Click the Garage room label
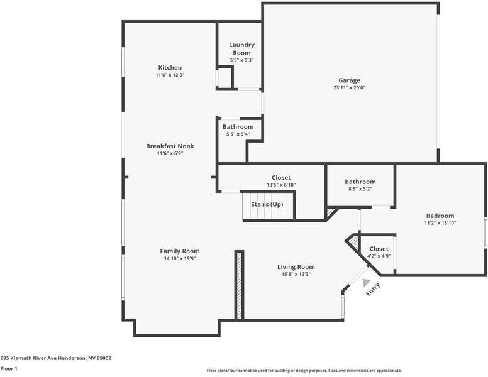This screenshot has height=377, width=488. tap(349, 80)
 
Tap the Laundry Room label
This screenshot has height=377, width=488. tap(241, 49)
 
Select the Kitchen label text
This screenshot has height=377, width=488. tap(170, 68)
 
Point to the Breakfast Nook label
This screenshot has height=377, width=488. tap(170, 146)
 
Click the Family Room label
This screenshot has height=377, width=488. tap(179, 251)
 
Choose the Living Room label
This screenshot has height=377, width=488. tap(296, 267)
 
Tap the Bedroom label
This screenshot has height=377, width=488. tap(439, 216)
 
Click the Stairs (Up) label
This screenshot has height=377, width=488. tap(267, 205)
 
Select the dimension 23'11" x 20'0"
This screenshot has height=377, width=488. tap(349, 88)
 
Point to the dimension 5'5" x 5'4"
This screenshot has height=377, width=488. tap(238, 134)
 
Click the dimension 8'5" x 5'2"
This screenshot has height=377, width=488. tap(360, 188)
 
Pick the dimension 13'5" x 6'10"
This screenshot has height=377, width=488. tap(281, 185)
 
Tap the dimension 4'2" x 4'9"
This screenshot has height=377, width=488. tap(379, 256)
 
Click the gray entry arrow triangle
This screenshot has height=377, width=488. tap(366, 283)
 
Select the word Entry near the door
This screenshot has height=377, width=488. tap(374, 290)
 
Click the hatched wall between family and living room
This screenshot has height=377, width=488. tap(239, 284)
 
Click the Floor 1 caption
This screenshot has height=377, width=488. tap(9, 368)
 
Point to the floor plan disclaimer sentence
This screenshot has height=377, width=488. tap(304, 371)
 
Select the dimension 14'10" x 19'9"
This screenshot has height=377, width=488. tap(179, 258)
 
